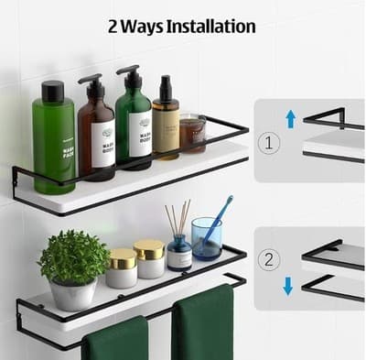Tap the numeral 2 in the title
click(x=115, y=27)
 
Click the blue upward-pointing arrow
click(x=290, y=118)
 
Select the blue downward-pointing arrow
click(x=287, y=286)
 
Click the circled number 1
click(x=268, y=143)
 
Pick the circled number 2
click(x=268, y=259)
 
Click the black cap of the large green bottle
click(x=53, y=91)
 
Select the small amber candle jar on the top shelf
click(x=191, y=134)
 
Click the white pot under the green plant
click(x=74, y=294)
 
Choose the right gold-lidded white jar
click(x=149, y=257)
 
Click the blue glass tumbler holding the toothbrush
click(x=206, y=239)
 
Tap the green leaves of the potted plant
click(x=73, y=256)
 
